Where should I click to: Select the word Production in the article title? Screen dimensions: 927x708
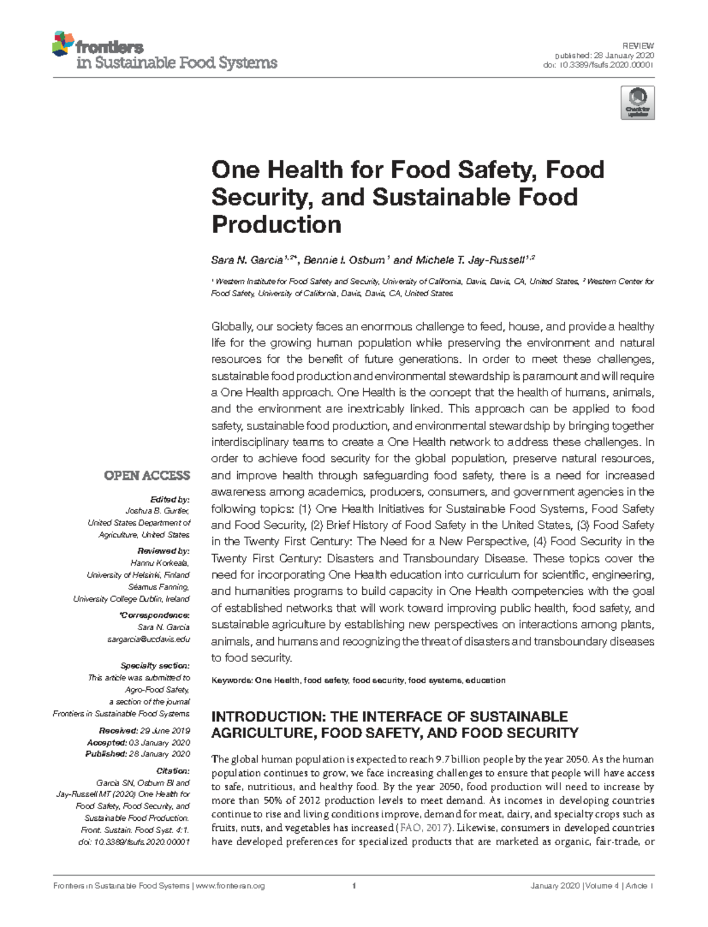tap(276, 225)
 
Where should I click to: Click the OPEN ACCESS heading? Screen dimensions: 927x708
tap(147, 476)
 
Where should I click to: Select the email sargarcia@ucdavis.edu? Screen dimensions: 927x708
tap(156, 639)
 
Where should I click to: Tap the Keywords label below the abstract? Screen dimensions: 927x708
tap(232, 680)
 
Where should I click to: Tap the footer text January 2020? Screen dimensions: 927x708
tap(555, 886)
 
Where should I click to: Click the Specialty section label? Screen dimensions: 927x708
tap(155, 666)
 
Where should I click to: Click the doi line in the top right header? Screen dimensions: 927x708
tap(598, 65)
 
